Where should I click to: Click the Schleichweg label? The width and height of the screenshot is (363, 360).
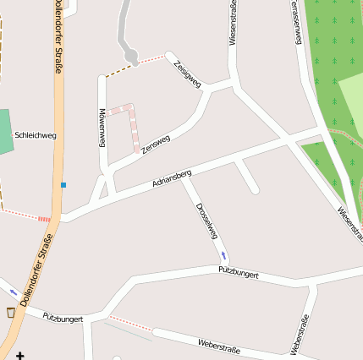coord(36,134)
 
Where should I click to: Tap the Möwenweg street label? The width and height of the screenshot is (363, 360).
coord(102,128)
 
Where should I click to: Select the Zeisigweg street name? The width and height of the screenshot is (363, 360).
coord(187,74)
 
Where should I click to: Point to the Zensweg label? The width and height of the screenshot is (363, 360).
coord(156,144)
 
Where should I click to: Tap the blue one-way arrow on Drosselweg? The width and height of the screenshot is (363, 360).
coord(223,254)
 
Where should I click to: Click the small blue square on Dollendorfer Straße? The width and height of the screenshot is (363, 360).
coord(63,184)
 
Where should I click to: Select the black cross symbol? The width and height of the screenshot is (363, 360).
coord(20,355)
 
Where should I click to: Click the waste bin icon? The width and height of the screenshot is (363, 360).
coord(11,312)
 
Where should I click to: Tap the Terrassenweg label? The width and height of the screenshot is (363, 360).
coord(295,20)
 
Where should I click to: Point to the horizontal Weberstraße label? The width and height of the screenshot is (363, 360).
coord(218,345)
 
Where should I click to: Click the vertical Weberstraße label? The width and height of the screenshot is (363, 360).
coord(299,335)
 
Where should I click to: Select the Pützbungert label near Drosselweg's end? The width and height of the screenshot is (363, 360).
coord(238,275)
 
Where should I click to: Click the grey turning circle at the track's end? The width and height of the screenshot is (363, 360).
coord(131,57)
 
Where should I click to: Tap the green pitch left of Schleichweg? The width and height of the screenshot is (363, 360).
coord(5,131)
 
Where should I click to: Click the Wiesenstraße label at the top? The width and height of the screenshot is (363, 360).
coord(233,23)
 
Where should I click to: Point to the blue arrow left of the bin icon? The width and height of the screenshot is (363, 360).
coord(14,292)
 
